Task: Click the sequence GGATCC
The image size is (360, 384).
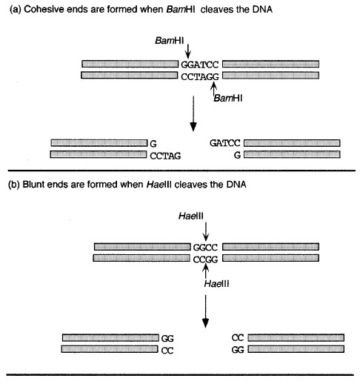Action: point(200,64)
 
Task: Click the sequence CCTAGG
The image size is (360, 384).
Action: point(200,77)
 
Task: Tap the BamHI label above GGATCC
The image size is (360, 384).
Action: point(170,41)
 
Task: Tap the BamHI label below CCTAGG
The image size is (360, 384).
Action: point(228,98)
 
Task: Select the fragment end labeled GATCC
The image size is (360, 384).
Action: point(225,143)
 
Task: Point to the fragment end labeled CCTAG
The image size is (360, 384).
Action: point(165,156)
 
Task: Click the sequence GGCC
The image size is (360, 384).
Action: point(205,248)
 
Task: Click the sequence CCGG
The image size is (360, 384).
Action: point(205,259)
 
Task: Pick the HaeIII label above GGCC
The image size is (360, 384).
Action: point(191,216)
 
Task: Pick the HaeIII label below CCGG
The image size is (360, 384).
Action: point(216,284)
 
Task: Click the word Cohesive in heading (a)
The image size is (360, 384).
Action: point(46,10)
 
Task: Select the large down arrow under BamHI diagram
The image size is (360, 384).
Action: point(193,113)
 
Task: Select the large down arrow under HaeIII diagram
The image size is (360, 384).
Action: point(205,311)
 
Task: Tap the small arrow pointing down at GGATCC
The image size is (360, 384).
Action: point(188,51)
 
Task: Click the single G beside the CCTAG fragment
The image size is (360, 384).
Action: point(153,144)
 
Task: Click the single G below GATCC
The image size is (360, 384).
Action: point(237,155)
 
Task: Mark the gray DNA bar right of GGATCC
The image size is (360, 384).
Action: point(270,64)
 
